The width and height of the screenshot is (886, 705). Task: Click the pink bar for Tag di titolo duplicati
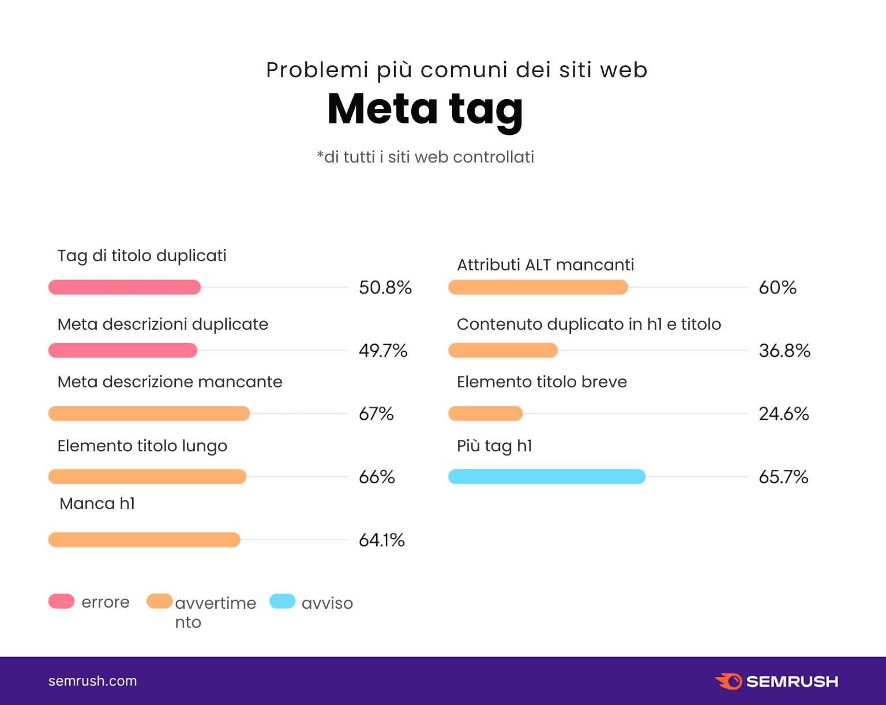click(125, 287)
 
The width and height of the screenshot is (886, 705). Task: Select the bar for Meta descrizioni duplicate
click(123, 350)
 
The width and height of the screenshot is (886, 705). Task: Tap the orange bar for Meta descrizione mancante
click(149, 413)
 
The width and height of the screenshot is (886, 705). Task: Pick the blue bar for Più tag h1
click(547, 477)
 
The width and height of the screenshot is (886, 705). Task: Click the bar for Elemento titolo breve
click(486, 413)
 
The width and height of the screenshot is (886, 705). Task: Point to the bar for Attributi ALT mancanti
click(538, 287)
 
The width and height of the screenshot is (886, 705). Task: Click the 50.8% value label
click(385, 287)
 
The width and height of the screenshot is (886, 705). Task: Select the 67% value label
click(376, 414)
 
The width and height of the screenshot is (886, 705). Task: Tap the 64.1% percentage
click(382, 540)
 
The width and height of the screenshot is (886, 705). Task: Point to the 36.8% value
click(784, 350)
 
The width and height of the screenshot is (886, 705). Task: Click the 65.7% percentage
click(783, 477)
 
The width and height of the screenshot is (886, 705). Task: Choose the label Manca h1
click(97, 504)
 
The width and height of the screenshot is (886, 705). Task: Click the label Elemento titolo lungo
click(142, 446)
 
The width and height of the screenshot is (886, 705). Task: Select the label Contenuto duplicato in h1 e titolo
click(589, 325)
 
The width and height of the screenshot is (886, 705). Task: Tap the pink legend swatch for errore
click(62, 601)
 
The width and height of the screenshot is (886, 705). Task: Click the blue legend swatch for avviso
click(283, 601)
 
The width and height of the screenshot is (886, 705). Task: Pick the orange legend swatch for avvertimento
click(160, 601)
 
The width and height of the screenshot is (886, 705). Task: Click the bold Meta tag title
click(425, 110)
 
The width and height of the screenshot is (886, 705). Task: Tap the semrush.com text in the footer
click(93, 681)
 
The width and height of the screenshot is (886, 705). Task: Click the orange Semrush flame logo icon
click(729, 681)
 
